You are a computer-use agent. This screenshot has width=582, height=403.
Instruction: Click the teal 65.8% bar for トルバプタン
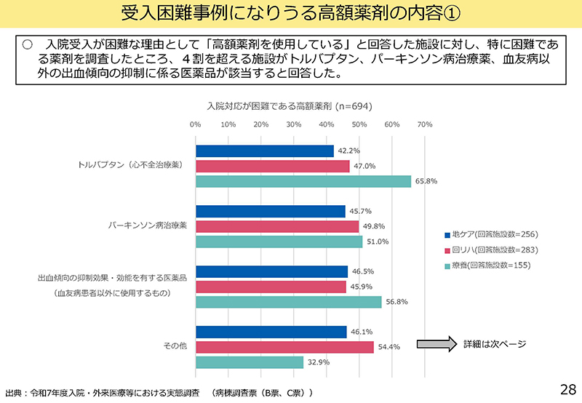(x=303, y=181)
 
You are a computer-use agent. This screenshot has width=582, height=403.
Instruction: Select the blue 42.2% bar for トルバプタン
(x=265, y=151)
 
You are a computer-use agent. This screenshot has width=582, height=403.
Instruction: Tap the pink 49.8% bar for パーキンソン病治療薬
(x=277, y=226)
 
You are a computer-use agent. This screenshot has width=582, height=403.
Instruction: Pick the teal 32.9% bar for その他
(x=250, y=362)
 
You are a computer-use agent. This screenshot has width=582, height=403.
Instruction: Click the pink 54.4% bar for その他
(x=284, y=347)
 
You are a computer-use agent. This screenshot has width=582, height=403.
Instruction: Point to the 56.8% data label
(x=396, y=302)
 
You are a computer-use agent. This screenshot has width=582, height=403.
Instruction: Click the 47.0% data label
(x=364, y=167)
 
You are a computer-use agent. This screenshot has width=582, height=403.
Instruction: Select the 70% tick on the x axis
(x=425, y=124)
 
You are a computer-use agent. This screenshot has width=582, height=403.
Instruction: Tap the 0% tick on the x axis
(x=195, y=124)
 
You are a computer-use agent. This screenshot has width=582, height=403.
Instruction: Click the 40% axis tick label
(x=327, y=124)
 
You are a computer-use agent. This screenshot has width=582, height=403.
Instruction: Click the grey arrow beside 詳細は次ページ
(x=435, y=343)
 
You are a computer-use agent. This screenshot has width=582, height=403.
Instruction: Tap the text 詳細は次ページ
(x=495, y=343)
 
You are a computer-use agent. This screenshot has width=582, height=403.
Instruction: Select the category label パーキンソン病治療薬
(x=148, y=226)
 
